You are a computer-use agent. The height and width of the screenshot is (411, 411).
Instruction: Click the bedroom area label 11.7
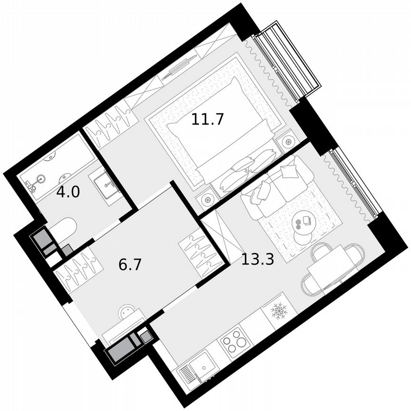click(x=207, y=118)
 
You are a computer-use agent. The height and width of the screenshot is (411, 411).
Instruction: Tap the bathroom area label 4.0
click(x=68, y=193)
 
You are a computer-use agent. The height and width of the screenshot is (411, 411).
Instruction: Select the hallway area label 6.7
click(x=130, y=265)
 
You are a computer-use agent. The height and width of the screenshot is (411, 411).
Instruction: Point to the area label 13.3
click(x=257, y=260)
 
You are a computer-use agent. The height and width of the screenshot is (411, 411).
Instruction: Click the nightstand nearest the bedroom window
click(x=289, y=141)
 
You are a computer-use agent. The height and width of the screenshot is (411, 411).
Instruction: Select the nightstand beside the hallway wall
click(x=207, y=200)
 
